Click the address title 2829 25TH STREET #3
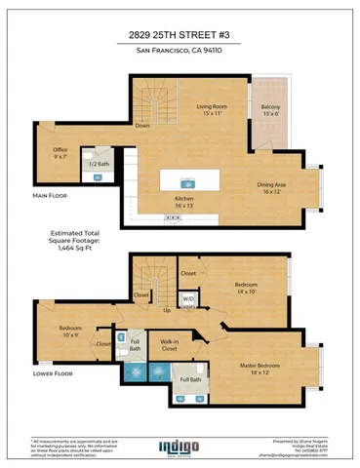[x=180, y=33]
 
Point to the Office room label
[x=61, y=152]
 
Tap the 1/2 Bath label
[x=100, y=164]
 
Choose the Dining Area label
[x=271, y=187]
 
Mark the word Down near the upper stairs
[x=142, y=126]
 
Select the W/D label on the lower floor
[x=188, y=297]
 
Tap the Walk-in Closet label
[x=170, y=344]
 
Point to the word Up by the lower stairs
[x=167, y=310]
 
